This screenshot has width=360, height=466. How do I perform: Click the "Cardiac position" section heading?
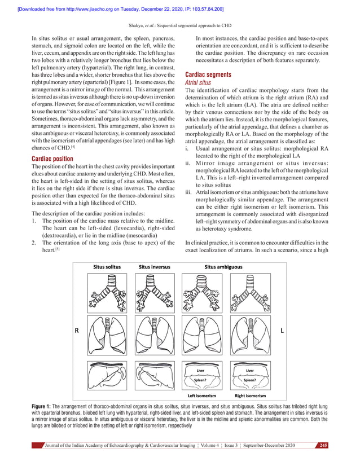52,160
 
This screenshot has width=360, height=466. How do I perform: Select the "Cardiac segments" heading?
208,74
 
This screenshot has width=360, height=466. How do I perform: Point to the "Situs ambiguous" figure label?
223,267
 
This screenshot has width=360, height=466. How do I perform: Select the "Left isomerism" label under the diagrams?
201,396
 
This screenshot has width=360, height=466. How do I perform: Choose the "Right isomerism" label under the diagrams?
250,396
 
